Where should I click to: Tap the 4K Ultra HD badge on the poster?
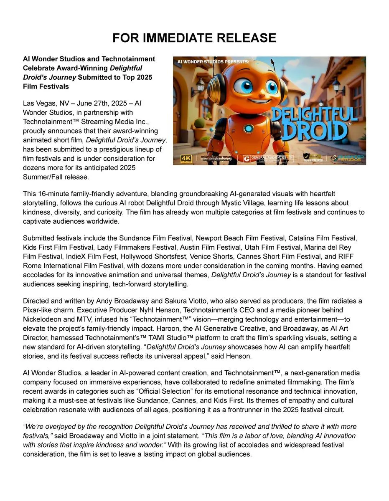click(x=186, y=159)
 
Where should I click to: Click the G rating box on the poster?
click(x=247, y=159)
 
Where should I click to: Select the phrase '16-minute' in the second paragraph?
click(x=52, y=194)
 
